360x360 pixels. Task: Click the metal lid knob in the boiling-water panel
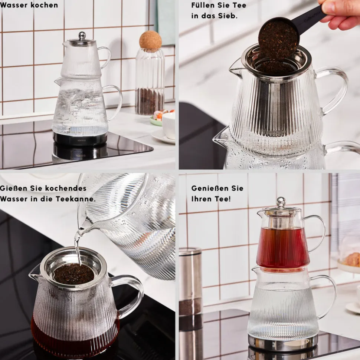(x=82, y=36)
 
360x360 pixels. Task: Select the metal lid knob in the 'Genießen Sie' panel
(x=281, y=202)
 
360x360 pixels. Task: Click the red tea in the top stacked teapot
(x=283, y=248)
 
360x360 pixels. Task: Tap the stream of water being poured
(x=78, y=248)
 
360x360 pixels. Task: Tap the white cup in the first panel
(x=168, y=125)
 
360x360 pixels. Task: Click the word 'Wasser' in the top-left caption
(x=14, y=5)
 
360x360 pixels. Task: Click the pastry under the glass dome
(x=352, y=260)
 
